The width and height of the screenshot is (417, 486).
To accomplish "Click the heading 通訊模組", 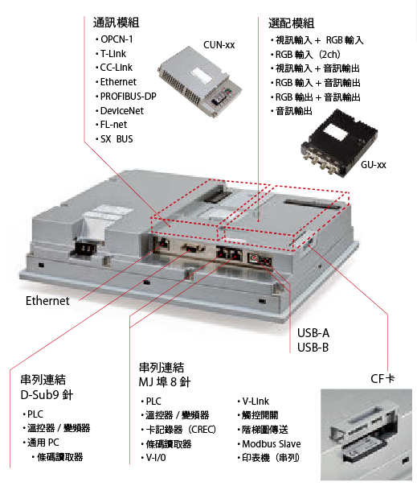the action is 116,23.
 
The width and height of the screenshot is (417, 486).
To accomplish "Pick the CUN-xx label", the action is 219,45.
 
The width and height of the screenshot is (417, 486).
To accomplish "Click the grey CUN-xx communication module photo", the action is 200,81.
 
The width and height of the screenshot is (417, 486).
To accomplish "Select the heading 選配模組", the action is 292,23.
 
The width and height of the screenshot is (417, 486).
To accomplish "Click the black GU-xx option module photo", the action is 339,142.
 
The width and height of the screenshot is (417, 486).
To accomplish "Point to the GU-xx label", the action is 374,165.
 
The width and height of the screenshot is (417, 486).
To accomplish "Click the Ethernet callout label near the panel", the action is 47,301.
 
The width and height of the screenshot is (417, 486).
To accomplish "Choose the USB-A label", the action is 313,333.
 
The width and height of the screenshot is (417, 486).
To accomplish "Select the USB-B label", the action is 313,348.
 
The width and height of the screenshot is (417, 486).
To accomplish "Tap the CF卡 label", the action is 382,378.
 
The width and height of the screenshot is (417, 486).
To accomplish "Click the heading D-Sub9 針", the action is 47,395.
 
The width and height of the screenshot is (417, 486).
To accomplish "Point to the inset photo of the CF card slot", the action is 366,435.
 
